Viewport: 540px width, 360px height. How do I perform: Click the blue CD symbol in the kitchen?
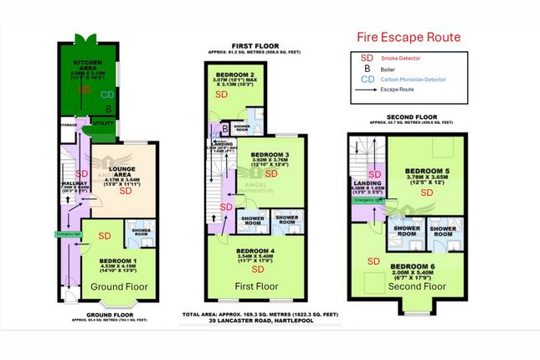coord(106,95)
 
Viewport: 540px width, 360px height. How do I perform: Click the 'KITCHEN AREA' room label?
coord(88,65)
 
